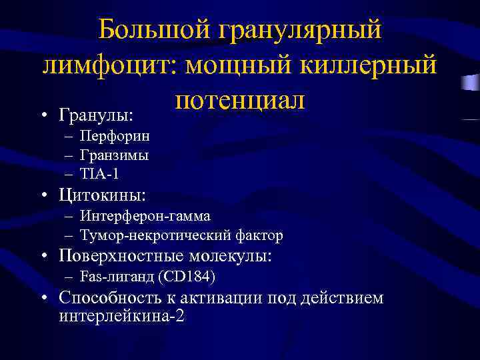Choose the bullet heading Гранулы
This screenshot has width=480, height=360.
[96, 115]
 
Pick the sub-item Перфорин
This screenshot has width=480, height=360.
[114, 136]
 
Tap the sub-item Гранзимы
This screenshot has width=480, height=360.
[114, 155]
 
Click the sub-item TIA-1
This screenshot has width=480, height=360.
[99, 173]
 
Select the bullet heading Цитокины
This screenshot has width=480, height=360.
[103, 196]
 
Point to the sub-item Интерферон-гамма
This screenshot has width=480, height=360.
[145, 216]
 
